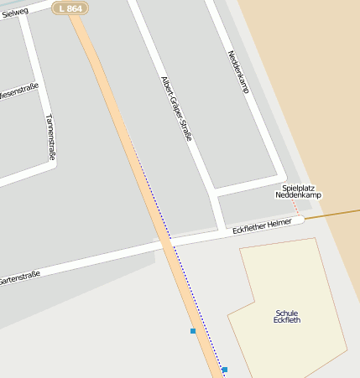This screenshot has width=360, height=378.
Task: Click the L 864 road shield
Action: pos(70,8)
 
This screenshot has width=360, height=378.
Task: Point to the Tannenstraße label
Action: pos(50,137)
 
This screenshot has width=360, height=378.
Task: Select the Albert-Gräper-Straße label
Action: pos(176,106)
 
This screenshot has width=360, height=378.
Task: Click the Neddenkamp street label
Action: pos(238,71)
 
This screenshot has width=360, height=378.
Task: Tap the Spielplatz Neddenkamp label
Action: pos(298,191)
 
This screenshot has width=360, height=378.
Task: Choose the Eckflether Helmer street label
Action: pos(262,224)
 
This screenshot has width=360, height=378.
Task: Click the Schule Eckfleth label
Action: pos(286,316)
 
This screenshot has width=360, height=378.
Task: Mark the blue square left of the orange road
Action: pos(193,331)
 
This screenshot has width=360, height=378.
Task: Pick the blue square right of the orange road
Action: pos(224,369)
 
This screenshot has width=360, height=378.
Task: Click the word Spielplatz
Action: pos(298,187)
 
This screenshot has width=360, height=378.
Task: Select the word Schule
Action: pos(286,312)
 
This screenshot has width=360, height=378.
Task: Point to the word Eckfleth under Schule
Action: pos(286,320)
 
